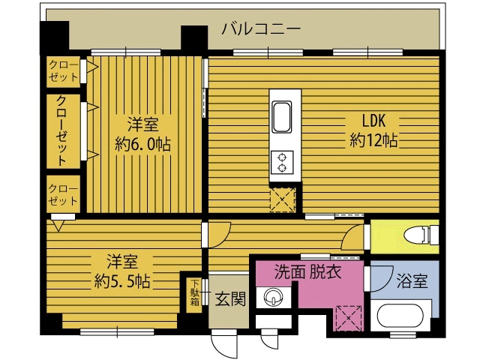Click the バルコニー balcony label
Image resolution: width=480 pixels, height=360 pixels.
pyautogui.click(x=261, y=29)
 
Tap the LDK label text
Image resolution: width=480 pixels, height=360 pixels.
pyautogui.click(x=373, y=121)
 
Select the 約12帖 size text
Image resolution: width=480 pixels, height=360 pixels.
pyautogui.click(x=373, y=141)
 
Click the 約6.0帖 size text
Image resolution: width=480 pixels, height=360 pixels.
pyautogui.click(x=142, y=144)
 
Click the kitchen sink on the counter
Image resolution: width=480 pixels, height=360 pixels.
pyautogui.click(x=282, y=117)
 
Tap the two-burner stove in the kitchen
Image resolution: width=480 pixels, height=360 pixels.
pyautogui.click(x=282, y=162)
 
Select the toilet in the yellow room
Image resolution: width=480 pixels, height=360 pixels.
pyautogui.click(x=421, y=235)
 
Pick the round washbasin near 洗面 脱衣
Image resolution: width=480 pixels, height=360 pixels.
pyautogui.click(x=274, y=298)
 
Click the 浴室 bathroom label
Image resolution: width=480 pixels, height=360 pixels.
pyautogui.click(x=412, y=281)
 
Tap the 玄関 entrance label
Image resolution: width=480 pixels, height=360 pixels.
pyautogui.click(x=230, y=298)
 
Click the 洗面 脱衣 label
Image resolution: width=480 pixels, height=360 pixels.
pyautogui.click(x=307, y=271)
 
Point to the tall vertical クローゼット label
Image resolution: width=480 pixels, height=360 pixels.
pyautogui.click(x=63, y=130)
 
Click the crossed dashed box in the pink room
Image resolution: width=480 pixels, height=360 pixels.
pyautogui.click(x=349, y=318)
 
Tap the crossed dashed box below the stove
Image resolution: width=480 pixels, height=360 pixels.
pyautogui.click(x=283, y=199)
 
